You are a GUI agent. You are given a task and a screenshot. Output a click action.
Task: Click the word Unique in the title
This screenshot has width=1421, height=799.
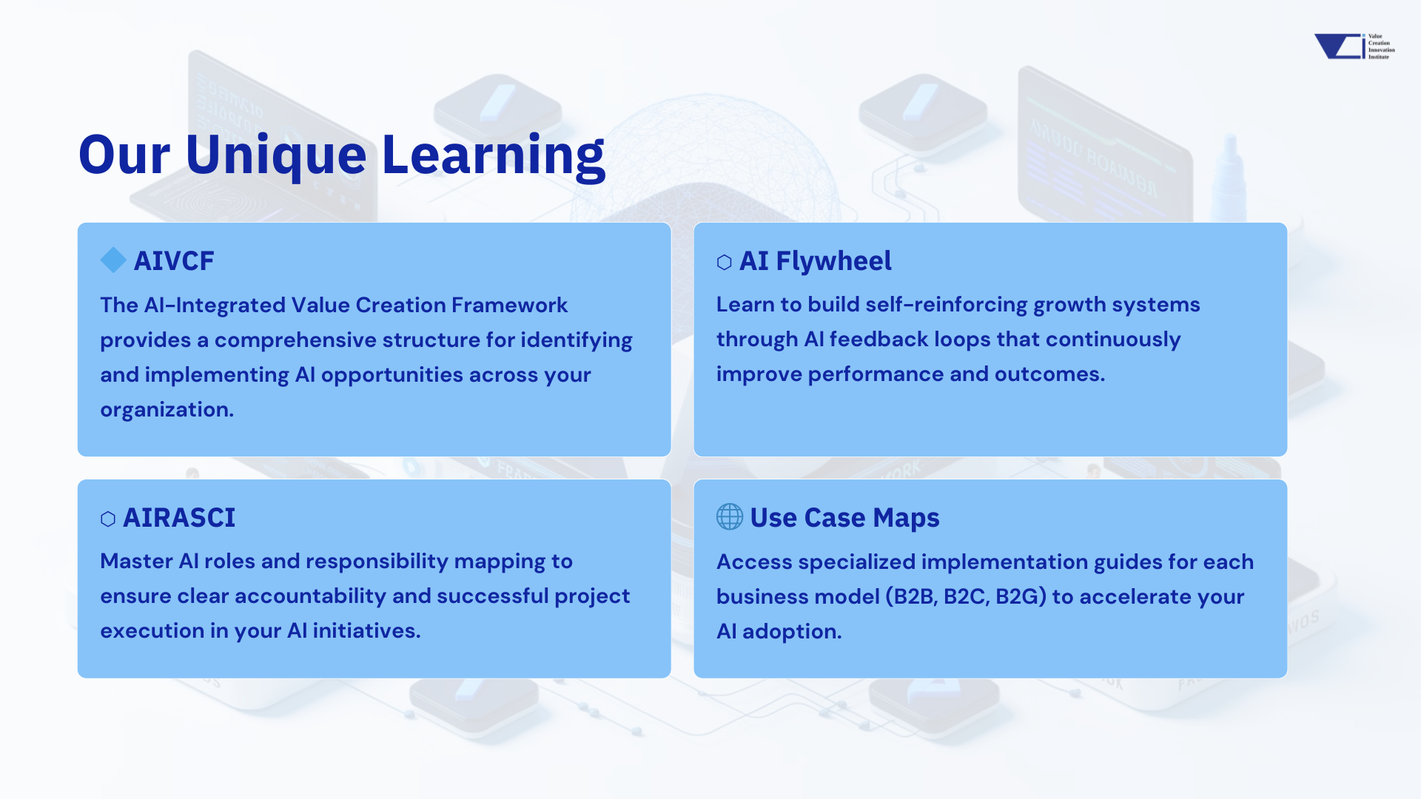click(275, 155)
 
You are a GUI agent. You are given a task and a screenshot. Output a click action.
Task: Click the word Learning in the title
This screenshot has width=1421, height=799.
click(493, 155)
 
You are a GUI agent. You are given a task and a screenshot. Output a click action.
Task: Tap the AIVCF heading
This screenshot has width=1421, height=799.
click(174, 261)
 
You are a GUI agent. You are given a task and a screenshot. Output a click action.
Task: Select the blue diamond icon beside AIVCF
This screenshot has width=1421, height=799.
click(113, 260)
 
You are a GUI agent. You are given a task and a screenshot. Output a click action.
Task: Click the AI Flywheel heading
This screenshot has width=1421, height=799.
click(815, 261)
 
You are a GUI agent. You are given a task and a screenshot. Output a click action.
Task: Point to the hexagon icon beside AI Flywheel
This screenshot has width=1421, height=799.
click(725, 263)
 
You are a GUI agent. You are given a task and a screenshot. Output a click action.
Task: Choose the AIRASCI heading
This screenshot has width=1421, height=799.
click(179, 518)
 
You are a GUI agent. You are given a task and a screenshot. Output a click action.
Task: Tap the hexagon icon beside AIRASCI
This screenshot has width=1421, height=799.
click(108, 519)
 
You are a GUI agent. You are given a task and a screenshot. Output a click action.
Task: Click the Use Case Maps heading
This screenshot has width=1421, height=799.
click(844, 518)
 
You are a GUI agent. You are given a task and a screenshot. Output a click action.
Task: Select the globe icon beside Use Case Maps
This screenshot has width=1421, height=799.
click(730, 517)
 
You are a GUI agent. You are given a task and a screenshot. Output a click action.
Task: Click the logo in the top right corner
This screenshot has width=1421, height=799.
click(1354, 47)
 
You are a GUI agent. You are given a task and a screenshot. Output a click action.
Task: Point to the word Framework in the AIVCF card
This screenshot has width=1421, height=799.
click(509, 306)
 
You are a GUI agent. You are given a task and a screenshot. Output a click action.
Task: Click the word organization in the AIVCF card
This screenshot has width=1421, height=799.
click(167, 410)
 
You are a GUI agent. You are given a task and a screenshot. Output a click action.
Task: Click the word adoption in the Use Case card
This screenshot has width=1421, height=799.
click(791, 632)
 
